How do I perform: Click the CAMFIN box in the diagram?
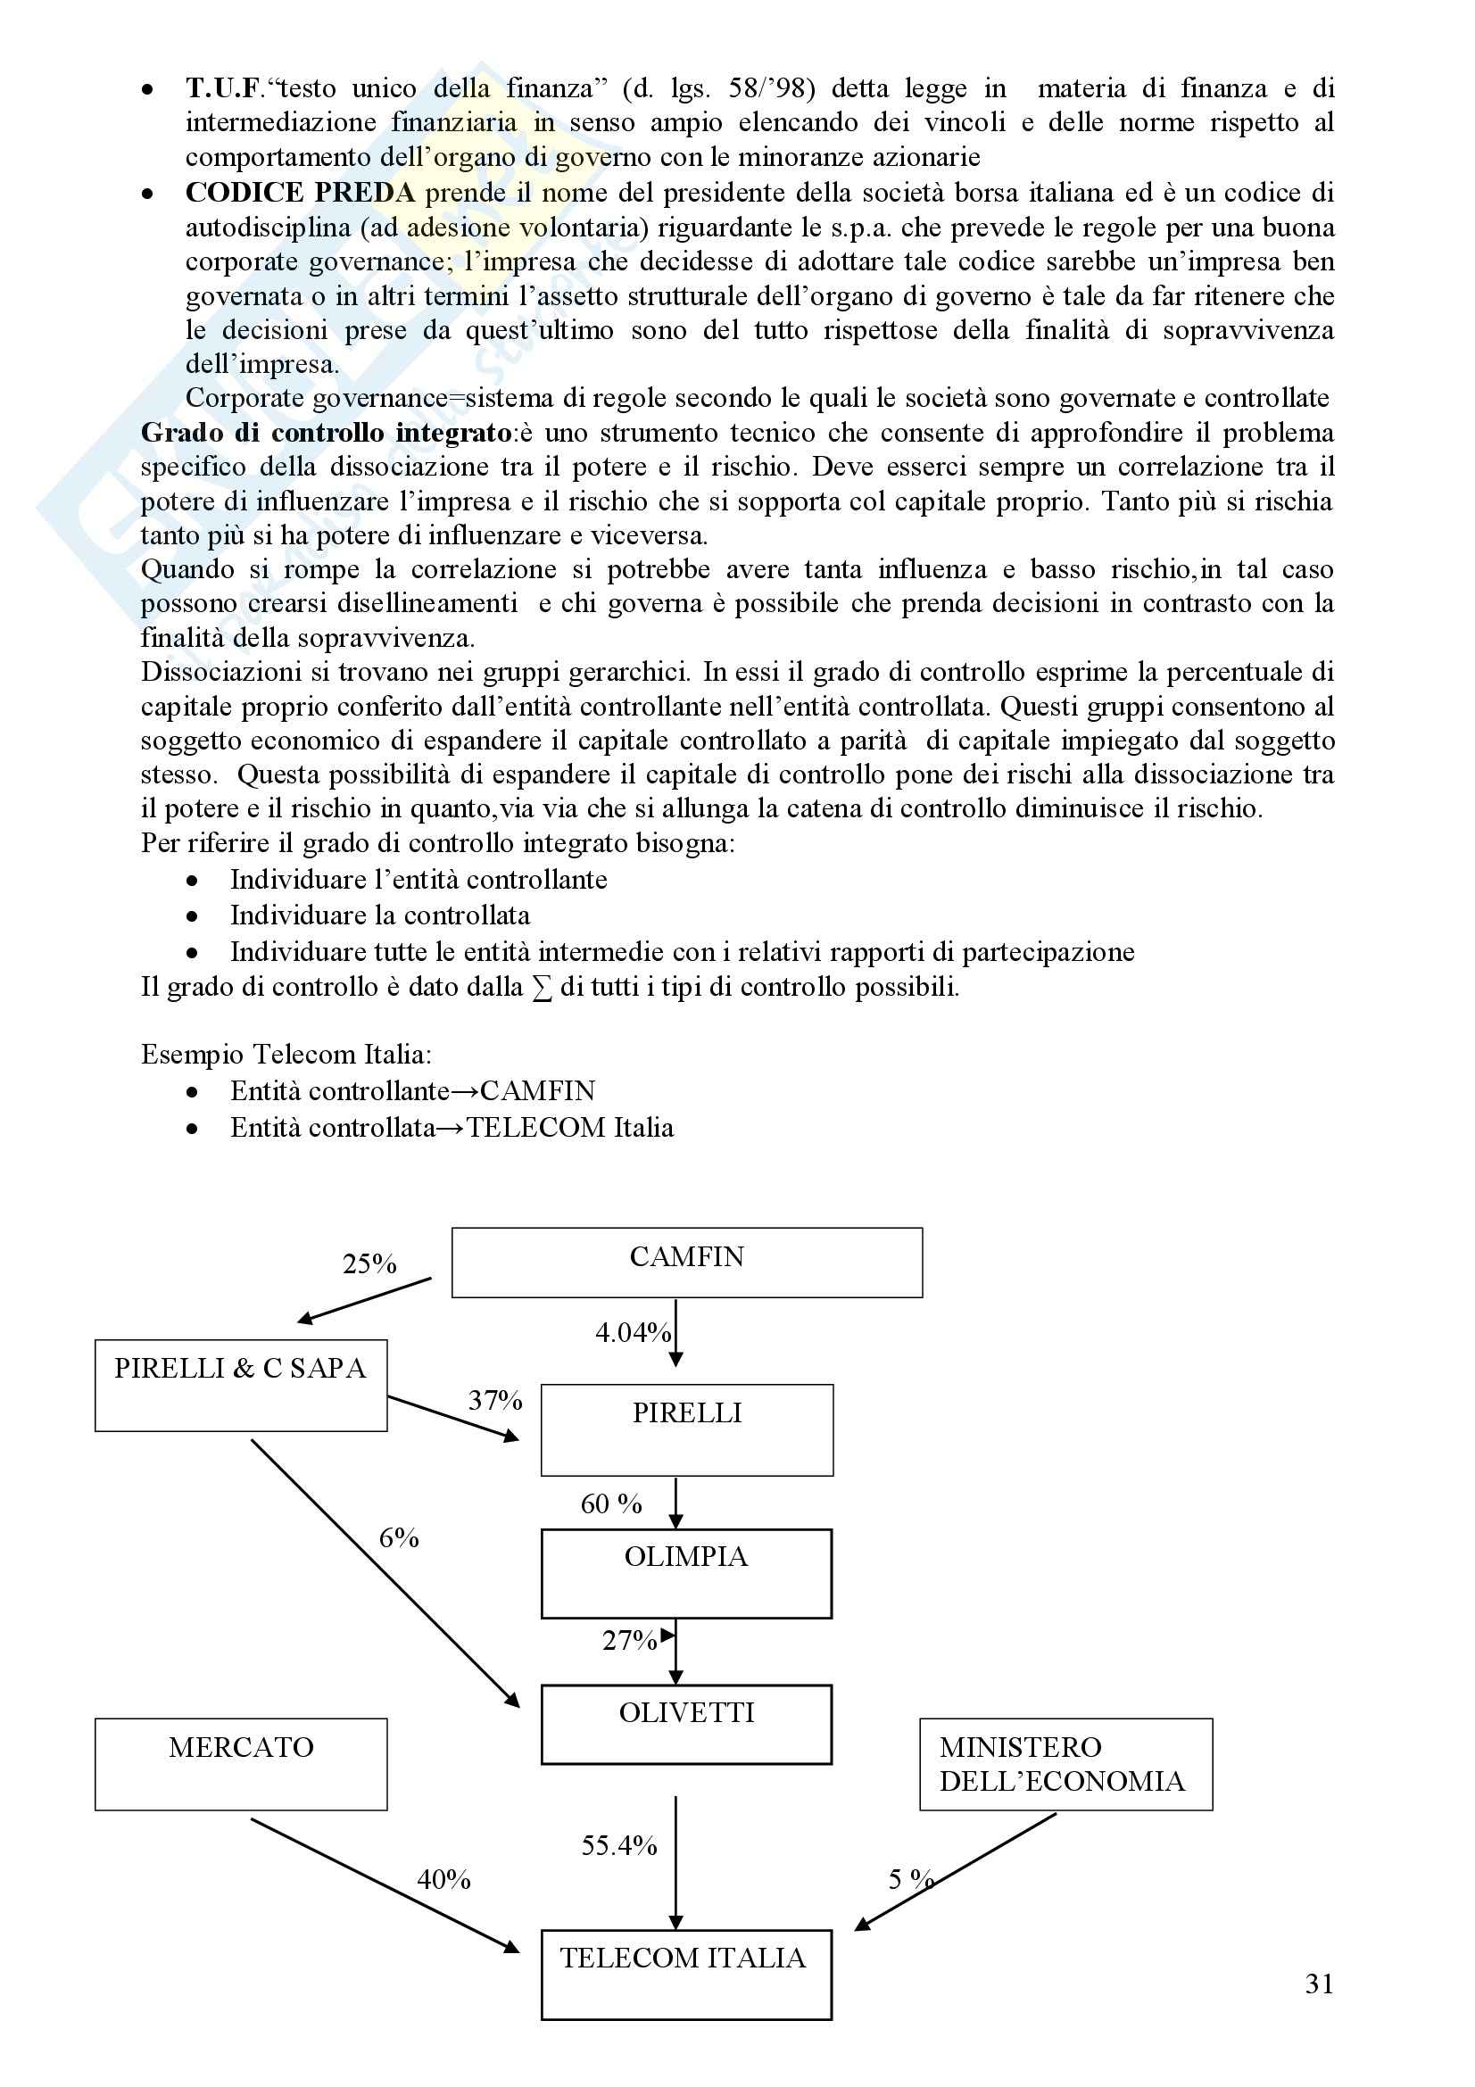686,1262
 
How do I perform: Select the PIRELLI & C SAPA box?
241,1385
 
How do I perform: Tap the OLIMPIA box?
686,1572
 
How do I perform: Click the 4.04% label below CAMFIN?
633,1332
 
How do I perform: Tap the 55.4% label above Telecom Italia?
619,1845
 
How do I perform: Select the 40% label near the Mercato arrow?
443,1879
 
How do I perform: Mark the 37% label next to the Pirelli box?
494,1400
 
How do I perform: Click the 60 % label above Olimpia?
610,1503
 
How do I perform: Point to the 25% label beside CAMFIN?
369,1263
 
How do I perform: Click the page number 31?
1319,1983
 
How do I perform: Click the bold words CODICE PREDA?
300,193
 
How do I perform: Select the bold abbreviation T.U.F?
225,88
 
